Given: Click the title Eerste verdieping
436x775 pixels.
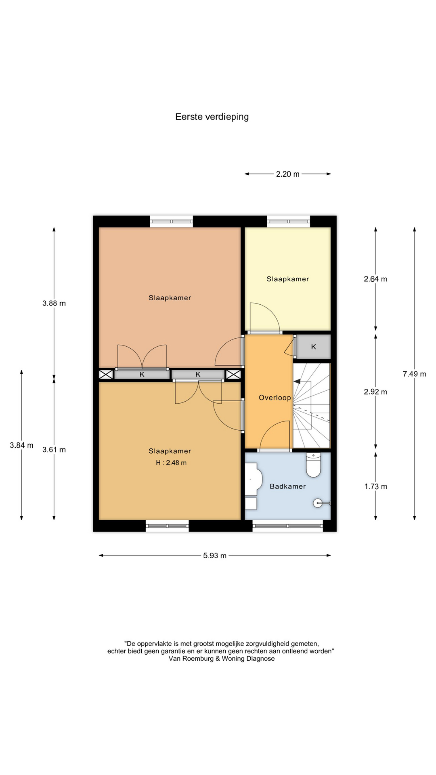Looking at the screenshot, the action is tap(212, 117).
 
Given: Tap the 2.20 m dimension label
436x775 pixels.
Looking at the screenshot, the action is tap(288, 174).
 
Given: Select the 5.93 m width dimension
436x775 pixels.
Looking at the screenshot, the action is tap(215, 555).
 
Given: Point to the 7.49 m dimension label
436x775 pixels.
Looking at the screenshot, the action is tap(414, 374).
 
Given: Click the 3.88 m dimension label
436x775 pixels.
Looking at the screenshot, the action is tap(54, 303).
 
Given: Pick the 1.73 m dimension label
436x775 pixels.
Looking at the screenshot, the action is tap(376, 486).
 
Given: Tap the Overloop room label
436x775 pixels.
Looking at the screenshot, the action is tap(275, 398).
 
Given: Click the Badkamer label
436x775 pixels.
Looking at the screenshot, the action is tap(288, 486).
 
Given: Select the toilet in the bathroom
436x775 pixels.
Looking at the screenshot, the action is tap(313, 465).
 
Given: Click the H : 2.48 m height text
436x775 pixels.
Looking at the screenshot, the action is tap(171, 463).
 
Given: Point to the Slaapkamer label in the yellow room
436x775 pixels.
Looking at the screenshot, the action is tap(288, 279).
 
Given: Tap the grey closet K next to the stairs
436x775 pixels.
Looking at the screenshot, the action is tap(314, 347).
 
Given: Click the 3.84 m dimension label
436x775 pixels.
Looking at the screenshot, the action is tap(22, 445).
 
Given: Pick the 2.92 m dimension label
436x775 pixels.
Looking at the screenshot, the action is tap(375, 392).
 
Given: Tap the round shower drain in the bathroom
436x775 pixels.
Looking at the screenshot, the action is tap(318, 503).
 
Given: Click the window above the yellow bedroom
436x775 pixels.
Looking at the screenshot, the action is tap(288, 221).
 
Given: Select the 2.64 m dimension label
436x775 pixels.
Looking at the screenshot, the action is tap(375, 279).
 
